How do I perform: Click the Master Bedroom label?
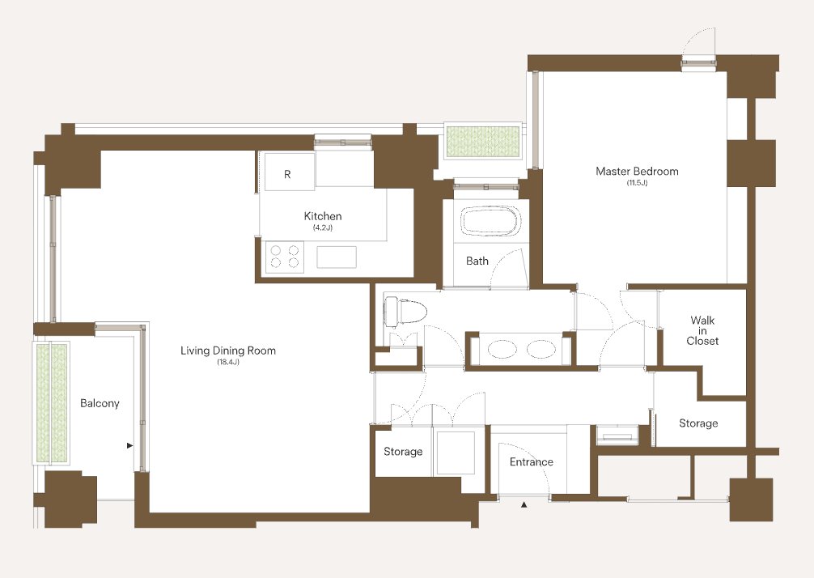[x=637, y=171]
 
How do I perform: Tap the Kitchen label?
[x=322, y=216]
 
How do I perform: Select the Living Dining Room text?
[x=228, y=351]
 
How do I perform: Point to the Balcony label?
[x=100, y=403]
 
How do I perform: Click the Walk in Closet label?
[x=702, y=330]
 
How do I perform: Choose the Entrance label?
[x=531, y=461]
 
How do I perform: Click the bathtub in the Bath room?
[x=490, y=222]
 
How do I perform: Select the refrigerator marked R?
[x=289, y=172]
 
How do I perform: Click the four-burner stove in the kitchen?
[x=285, y=257]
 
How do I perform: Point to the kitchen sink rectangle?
[x=337, y=257]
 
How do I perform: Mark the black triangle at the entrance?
[x=524, y=504]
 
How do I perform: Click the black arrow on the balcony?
[x=129, y=445]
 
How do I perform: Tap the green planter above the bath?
[x=483, y=141]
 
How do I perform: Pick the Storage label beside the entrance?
[x=403, y=452]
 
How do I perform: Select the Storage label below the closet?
[x=698, y=423]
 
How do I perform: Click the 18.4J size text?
[x=228, y=363]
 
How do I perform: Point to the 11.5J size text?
[x=637, y=183]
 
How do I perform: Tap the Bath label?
[x=477, y=261]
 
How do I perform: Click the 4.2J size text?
[x=322, y=228]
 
